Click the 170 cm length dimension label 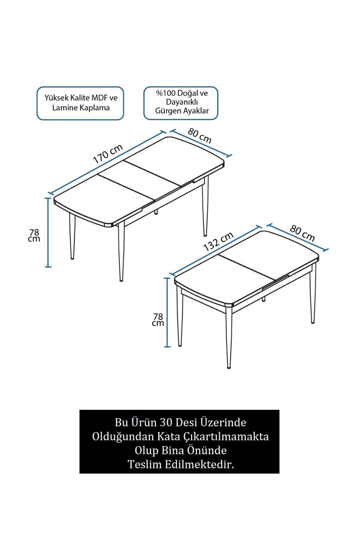(108, 154)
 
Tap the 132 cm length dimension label (218, 242)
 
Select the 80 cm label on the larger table (200, 136)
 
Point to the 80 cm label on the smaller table (302, 233)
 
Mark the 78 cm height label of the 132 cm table (158, 319)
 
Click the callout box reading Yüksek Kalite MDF (80, 103)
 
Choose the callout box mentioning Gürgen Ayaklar (181, 103)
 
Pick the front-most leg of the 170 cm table (121, 252)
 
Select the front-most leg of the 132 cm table (229, 337)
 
